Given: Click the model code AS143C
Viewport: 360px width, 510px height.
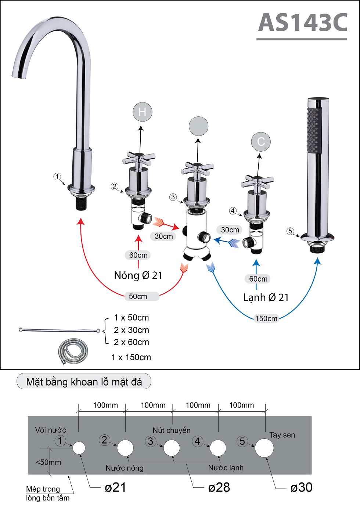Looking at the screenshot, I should pyautogui.click(x=303, y=23).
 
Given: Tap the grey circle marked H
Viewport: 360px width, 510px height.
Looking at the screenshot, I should pyautogui.click(x=142, y=112).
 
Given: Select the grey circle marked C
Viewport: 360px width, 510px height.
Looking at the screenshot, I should pyautogui.click(x=261, y=142).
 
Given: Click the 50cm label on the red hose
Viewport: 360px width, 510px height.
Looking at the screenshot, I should pyautogui.click(x=138, y=296).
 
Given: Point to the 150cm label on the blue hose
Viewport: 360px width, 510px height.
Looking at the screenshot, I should pyautogui.click(x=266, y=318).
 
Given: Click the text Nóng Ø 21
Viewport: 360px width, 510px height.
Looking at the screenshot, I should pyautogui.click(x=138, y=275).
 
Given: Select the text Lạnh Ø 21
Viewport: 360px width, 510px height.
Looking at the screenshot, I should pyautogui.click(x=266, y=297).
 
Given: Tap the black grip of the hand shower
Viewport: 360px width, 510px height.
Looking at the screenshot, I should pyautogui.click(x=313, y=130).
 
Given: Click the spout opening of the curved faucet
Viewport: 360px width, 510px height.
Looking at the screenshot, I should pyautogui.click(x=19, y=73).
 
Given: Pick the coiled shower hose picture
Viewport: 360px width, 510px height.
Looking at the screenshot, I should pyautogui.click(x=73, y=351).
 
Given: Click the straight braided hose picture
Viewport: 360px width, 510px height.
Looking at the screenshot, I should pyautogui.click(x=59, y=330).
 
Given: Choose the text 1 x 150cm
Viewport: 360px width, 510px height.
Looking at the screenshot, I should pyautogui.click(x=131, y=357).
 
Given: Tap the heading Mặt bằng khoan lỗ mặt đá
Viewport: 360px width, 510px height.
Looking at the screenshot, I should pyautogui.click(x=84, y=382).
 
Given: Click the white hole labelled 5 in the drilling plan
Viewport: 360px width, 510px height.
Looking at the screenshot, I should pyautogui.click(x=264, y=448).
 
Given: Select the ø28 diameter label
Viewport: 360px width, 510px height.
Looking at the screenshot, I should pyautogui.click(x=219, y=487).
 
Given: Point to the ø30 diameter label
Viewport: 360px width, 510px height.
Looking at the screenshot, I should pyautogui.click(x=301, y=487).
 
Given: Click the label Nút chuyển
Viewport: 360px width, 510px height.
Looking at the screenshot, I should pyautogui.click(x=172, y=430).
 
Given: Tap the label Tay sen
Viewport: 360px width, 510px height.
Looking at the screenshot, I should pyautogui.click(x=282, y=435).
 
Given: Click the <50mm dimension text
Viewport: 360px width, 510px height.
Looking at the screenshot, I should pyautogui.click(x=48, y=462).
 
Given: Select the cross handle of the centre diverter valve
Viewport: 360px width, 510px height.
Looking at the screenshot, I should pyautogui.click(x=197, y=169).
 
